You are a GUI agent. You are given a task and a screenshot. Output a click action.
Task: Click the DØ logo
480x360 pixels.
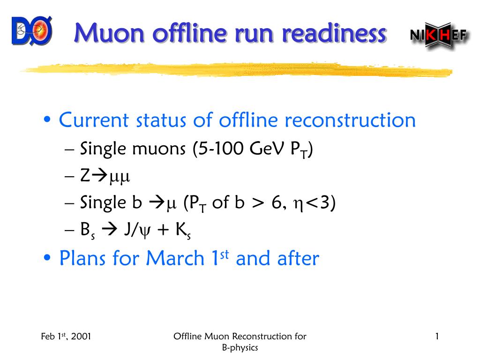pos(32,30)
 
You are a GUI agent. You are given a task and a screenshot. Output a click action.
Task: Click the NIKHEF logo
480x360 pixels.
pos(439,35)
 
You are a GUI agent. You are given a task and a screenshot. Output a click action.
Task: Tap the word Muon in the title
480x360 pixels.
pos(109,33)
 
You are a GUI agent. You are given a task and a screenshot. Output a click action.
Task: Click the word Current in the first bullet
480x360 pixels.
pos(94,120)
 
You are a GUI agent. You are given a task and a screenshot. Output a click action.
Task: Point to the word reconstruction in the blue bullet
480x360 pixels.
pos(350,120)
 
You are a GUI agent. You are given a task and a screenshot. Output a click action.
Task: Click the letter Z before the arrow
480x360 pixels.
pos(85,176)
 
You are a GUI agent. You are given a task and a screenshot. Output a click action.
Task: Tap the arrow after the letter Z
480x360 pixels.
pos(99,176)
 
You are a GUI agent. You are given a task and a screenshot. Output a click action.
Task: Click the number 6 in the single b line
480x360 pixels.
pos(277,202)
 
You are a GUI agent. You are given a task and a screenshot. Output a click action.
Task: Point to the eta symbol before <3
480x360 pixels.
pos(299,205)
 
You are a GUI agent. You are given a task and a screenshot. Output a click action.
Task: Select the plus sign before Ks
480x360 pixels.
pos(163,230)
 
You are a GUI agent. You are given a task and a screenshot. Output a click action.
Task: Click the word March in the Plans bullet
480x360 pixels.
pos(175,258)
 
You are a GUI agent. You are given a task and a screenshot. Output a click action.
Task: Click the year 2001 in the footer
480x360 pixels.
pos(81,337)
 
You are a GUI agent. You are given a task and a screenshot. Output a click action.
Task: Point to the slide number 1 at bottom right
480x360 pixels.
pos(437,337)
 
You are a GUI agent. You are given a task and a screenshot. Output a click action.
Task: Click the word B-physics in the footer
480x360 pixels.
pos(240,348)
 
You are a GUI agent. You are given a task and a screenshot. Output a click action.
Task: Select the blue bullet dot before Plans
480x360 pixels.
pos(47,257)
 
